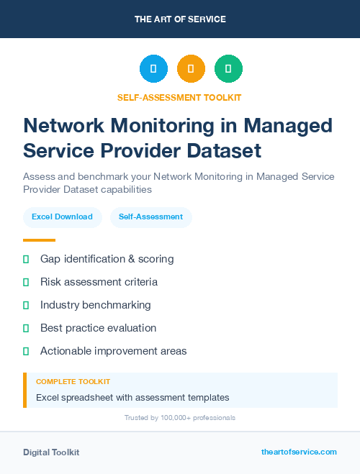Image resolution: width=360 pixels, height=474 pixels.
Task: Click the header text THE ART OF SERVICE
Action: click(x=180, y=19)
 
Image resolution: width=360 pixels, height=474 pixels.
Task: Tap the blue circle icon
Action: click(x=153, y=69)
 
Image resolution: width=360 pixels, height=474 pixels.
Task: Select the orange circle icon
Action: click(x=191, y=69)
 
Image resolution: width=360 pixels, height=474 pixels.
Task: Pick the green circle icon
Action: click(x=229, y=69)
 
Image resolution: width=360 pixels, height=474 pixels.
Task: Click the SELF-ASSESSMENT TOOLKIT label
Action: click(x=180, y=97)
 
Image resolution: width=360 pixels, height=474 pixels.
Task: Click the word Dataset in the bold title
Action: click(x=222, y=151)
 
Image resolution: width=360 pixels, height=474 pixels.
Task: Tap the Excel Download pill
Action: click(x=62, y=217)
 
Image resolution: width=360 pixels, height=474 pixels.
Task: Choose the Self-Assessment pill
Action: click(x=150, y=217)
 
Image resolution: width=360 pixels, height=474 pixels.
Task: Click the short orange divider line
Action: click(x=39, y=240)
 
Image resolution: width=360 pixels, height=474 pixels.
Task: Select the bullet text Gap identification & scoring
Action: click(x=107, y=258)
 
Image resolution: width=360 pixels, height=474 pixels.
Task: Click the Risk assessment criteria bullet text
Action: click(x=99, y=281)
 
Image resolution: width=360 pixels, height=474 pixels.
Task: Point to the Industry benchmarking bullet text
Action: click(x=95, y=304)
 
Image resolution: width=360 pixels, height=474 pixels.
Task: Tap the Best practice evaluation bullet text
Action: click(x=98, y=327)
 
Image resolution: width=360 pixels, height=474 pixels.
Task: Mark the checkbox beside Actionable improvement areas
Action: click(x=26, y=351)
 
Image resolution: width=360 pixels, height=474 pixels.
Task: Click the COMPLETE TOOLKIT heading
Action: click(x=73, y=381)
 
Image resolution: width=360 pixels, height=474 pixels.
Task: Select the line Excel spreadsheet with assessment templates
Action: click(x=132, y=397)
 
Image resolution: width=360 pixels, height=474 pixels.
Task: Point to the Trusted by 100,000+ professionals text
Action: click(x=180, y=417)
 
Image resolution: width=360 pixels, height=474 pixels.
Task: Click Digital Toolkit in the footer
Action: click(x=51, y=452)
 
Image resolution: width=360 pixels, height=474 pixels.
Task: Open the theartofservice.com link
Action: click(x=299, y=452)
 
